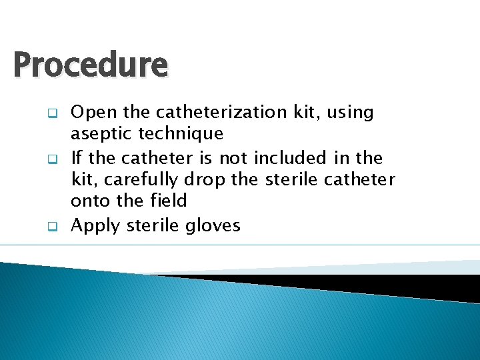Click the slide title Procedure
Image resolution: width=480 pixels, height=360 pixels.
pos(90,65)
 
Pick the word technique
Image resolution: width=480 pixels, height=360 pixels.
pos(181,134)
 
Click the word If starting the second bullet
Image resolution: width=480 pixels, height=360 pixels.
pos(76,158)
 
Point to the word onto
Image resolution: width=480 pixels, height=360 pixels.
pos(91,201)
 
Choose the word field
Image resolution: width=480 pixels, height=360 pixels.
pos(163,200)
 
